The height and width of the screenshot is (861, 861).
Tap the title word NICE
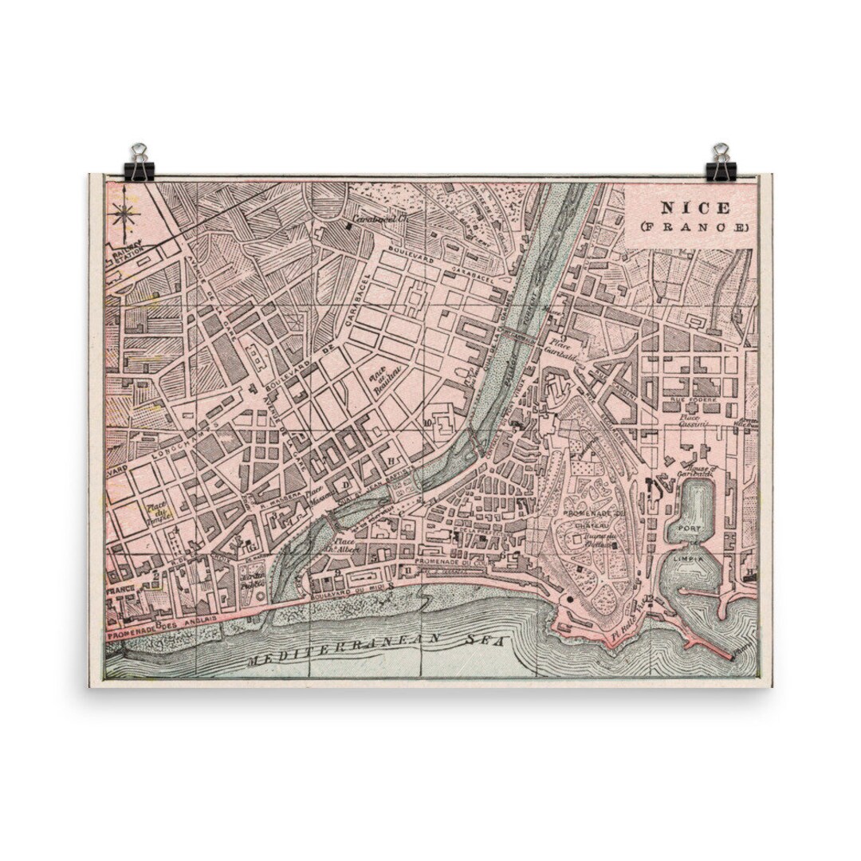click(x=694, y=209)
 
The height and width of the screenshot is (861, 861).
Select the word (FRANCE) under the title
click(x=694, y=227)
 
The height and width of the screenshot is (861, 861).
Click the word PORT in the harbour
click(x=688, y=529)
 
